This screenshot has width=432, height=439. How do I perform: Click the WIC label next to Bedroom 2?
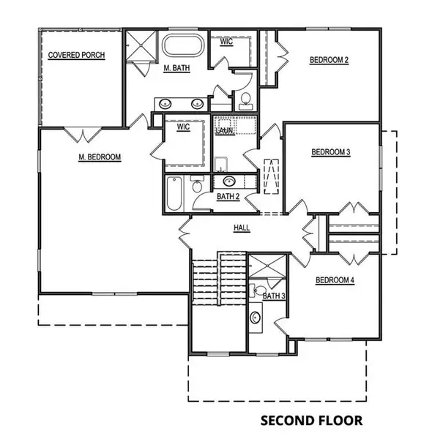pos(227,42)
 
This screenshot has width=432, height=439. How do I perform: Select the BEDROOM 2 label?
pos(328,60)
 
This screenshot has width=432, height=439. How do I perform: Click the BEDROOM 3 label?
pos(331,152)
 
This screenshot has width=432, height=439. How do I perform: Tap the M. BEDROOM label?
pos(99,157)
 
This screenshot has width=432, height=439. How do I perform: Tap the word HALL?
pos(242,228)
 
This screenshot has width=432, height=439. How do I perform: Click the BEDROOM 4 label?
pos(335,279)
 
